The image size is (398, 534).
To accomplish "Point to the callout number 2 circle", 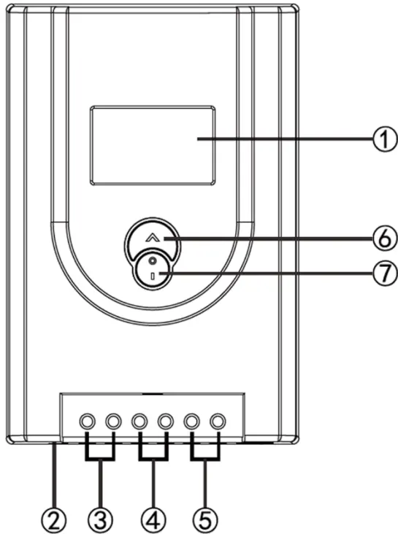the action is point(54,520).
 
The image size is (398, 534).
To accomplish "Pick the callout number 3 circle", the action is point(102,520).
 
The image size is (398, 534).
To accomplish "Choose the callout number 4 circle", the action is point(153,520).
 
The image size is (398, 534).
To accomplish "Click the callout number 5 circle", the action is point(205,520).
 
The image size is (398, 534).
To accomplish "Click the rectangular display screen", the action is point(153,145).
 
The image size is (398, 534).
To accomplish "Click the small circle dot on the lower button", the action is point(153,261).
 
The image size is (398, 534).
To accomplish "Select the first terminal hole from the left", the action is point(87,421).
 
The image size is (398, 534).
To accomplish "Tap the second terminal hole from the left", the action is point(113,421).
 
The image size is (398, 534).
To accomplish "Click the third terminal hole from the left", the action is point(139,421).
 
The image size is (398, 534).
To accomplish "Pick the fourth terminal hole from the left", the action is point(165,421).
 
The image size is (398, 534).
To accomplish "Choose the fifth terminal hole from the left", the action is point(191,421).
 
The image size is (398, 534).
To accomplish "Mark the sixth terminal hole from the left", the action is point(218,421).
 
